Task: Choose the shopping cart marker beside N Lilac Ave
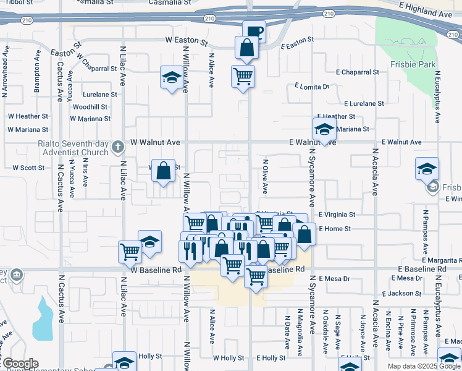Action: coord(130,251)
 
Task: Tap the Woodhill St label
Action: coord(90,106)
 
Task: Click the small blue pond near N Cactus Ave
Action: coord(43,318)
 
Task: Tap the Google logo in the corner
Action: coord(20,364)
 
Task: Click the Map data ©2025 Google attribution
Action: coord(424,366)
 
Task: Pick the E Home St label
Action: coord(335,229)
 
